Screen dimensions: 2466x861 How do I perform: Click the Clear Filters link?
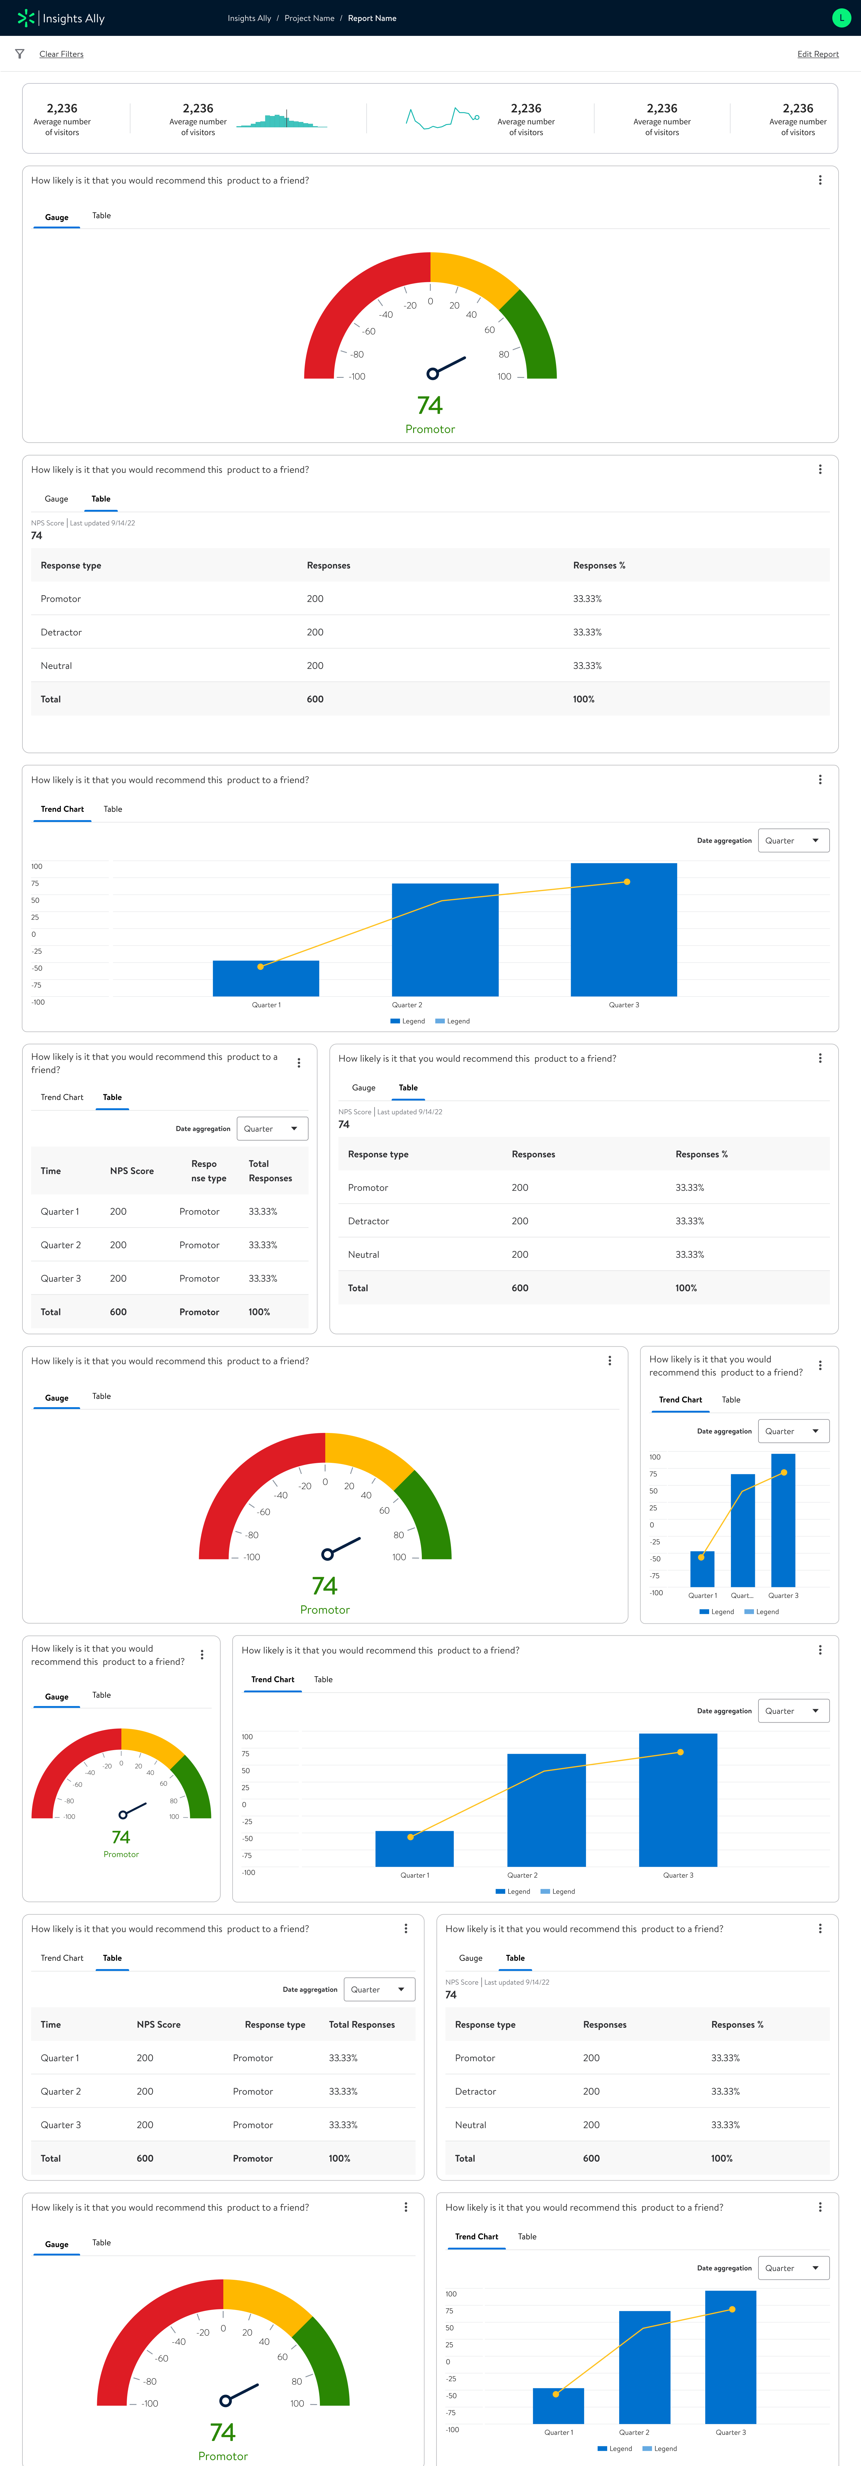coord(61,55)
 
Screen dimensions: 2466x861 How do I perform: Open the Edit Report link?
coord(817,55)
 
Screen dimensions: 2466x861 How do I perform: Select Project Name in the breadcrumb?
coord(309,18)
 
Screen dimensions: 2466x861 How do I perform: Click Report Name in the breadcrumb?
coord(372,18)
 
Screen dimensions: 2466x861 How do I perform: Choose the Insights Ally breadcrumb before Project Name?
coord(249,18)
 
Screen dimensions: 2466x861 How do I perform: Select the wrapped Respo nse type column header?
coord(208,1171)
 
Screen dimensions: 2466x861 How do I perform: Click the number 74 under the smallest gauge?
coord(121,1837)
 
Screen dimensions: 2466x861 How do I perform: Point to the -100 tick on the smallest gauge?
coord(69,1817)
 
